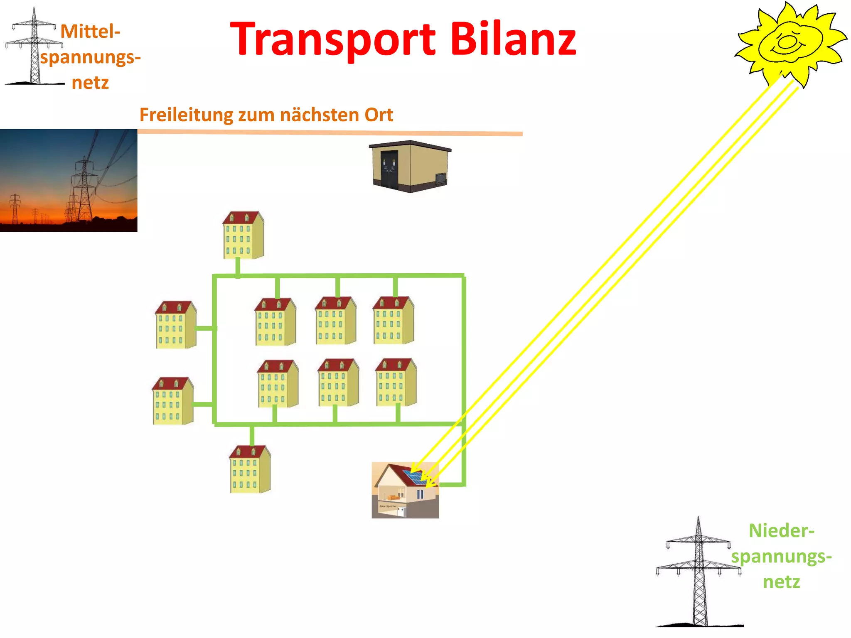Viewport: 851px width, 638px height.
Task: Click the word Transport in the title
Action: [332, 39]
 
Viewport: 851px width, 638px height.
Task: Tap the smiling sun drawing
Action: [787, 44]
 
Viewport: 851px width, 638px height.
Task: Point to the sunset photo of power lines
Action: [69, 180]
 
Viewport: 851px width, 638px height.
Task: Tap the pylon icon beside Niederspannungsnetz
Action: [699, 573]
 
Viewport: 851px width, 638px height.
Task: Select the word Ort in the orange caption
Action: [379, 115]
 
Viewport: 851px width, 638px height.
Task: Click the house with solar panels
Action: [405, 490]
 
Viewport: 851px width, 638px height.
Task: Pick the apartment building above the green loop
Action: [243, 235]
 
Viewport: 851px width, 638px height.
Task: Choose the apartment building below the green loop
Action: [250, 469]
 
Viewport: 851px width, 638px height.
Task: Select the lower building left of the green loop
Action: [172, 401]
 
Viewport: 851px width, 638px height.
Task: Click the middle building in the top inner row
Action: [335, 321]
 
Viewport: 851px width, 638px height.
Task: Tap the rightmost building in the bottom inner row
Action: [396, 382]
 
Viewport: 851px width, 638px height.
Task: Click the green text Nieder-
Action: [781, 531]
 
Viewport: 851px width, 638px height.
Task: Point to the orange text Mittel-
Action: [91, 32]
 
